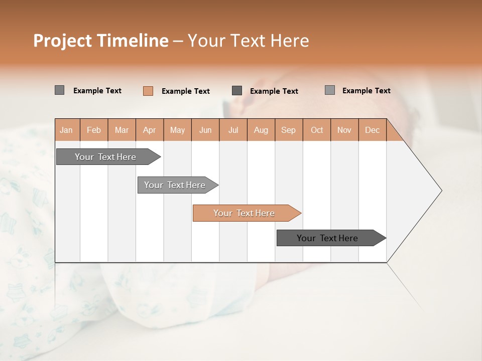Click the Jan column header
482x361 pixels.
pyautogui.click(x=66, y=130)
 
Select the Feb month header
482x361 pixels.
pyautogui.click(x=94, y=130)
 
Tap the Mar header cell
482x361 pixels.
pyautogui.click(x=122, y=130)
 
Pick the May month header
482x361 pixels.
pyautogui.click(x=177, y=130)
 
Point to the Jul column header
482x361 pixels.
pyautogui.click(x=233, y=130)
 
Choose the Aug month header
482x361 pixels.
pyautogui.click(x=261, y=130)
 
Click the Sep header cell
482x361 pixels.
pyautogui.click(x=288, y=130)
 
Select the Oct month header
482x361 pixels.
pyautogui.click(x=317, y=130)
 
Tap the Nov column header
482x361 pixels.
pyautogui.click(x=344, y=130)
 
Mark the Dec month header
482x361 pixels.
pyautogui.click(x=372, y=130)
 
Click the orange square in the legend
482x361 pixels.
pyautogui.click(x=148, y=91)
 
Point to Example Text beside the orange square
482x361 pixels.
pyautogui.click(x=185, y=91)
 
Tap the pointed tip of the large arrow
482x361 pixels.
pyautogui.click(x=440, y=191)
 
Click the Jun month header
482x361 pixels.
pyautogui.click(x=205, y=130)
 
